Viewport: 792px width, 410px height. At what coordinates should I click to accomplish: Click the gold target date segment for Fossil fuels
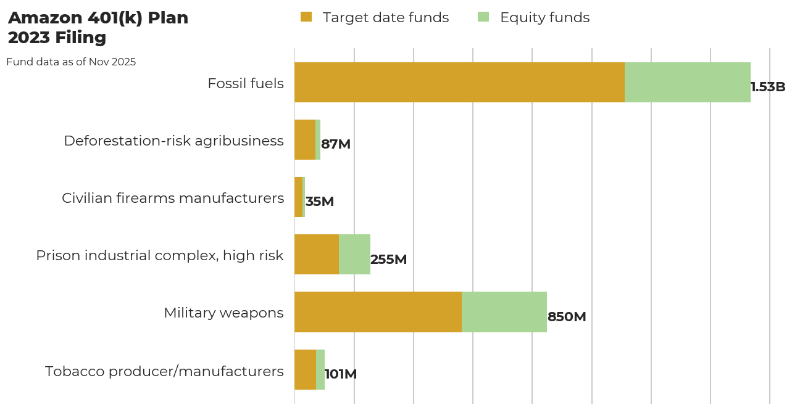click(x=459, y=83)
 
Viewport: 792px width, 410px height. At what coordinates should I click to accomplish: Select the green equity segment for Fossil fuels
click(x=687, y=83)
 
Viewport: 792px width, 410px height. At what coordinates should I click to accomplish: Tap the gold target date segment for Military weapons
click(x=378, y=312)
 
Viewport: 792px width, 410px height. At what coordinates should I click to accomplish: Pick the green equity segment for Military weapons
click(x=504, y=312)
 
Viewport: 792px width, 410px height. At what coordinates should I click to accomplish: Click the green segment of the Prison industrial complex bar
click(x=354, y=255)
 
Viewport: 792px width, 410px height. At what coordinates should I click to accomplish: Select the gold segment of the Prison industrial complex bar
click(x=317, y=255)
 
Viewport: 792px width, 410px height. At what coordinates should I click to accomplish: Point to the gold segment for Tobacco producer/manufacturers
click(x=305, y=369)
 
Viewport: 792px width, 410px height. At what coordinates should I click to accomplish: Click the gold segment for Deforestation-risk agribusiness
click(x=305, y=140)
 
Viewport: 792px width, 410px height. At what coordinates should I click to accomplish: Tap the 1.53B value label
click(x=768, y=87)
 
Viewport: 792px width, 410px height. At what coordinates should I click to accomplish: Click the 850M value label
click(x=567, y=317)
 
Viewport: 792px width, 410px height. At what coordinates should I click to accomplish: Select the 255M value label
click(x=388, y=260)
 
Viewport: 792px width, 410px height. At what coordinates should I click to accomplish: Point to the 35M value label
click(x=320, y=202)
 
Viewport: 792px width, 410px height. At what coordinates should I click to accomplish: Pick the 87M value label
click(x=336, y=144)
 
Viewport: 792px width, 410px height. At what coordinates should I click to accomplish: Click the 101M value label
click(x=341, y=374)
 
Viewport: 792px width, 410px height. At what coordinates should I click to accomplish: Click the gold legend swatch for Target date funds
click(x=306, y=17)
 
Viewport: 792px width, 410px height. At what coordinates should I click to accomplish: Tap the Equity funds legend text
click(x=544, y=18)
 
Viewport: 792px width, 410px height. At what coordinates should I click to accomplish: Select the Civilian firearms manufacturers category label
click(x=173, y=198)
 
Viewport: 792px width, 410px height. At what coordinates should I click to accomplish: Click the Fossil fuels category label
click(x=246, y=83)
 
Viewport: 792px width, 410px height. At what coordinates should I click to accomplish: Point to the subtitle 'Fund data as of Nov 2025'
click(x=71, y=62)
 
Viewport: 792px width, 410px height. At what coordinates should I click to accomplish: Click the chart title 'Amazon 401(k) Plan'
click(x=98, y=18)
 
